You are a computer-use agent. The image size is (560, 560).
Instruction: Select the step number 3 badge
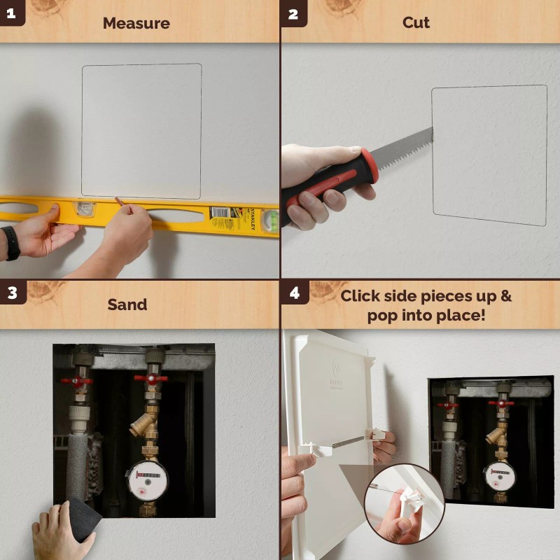11,293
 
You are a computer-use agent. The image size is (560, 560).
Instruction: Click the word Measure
136,23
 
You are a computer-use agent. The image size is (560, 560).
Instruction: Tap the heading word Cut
416,22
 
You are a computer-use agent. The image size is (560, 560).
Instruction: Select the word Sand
127,304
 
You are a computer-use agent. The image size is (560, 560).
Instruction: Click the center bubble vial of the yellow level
85,209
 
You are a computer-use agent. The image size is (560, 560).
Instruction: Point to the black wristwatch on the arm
10,242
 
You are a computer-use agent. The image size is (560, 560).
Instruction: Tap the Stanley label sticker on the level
223,213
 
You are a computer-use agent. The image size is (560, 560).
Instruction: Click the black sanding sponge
80,518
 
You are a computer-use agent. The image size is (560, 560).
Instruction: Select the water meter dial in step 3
147,480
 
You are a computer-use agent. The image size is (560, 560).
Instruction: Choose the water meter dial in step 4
500,476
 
